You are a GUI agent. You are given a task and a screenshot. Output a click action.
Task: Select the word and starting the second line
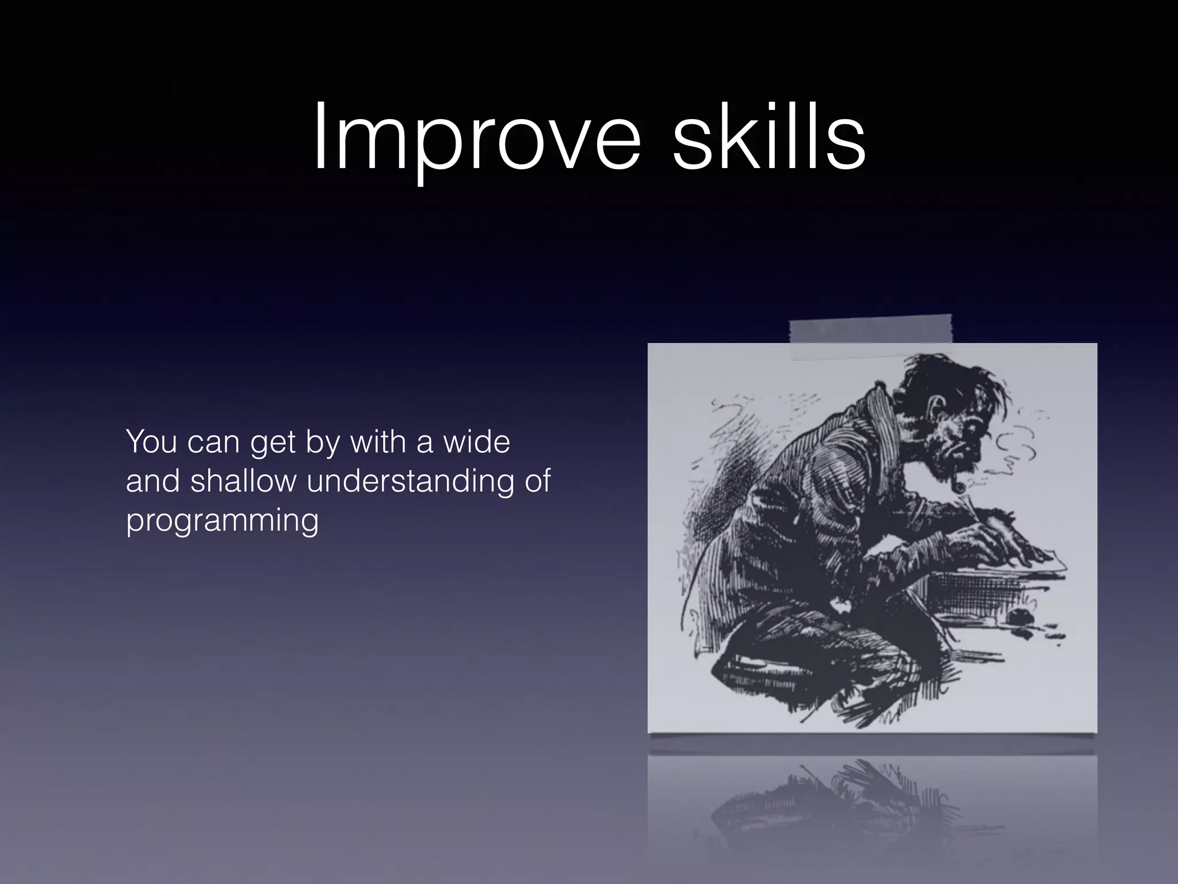coord(153,481)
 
